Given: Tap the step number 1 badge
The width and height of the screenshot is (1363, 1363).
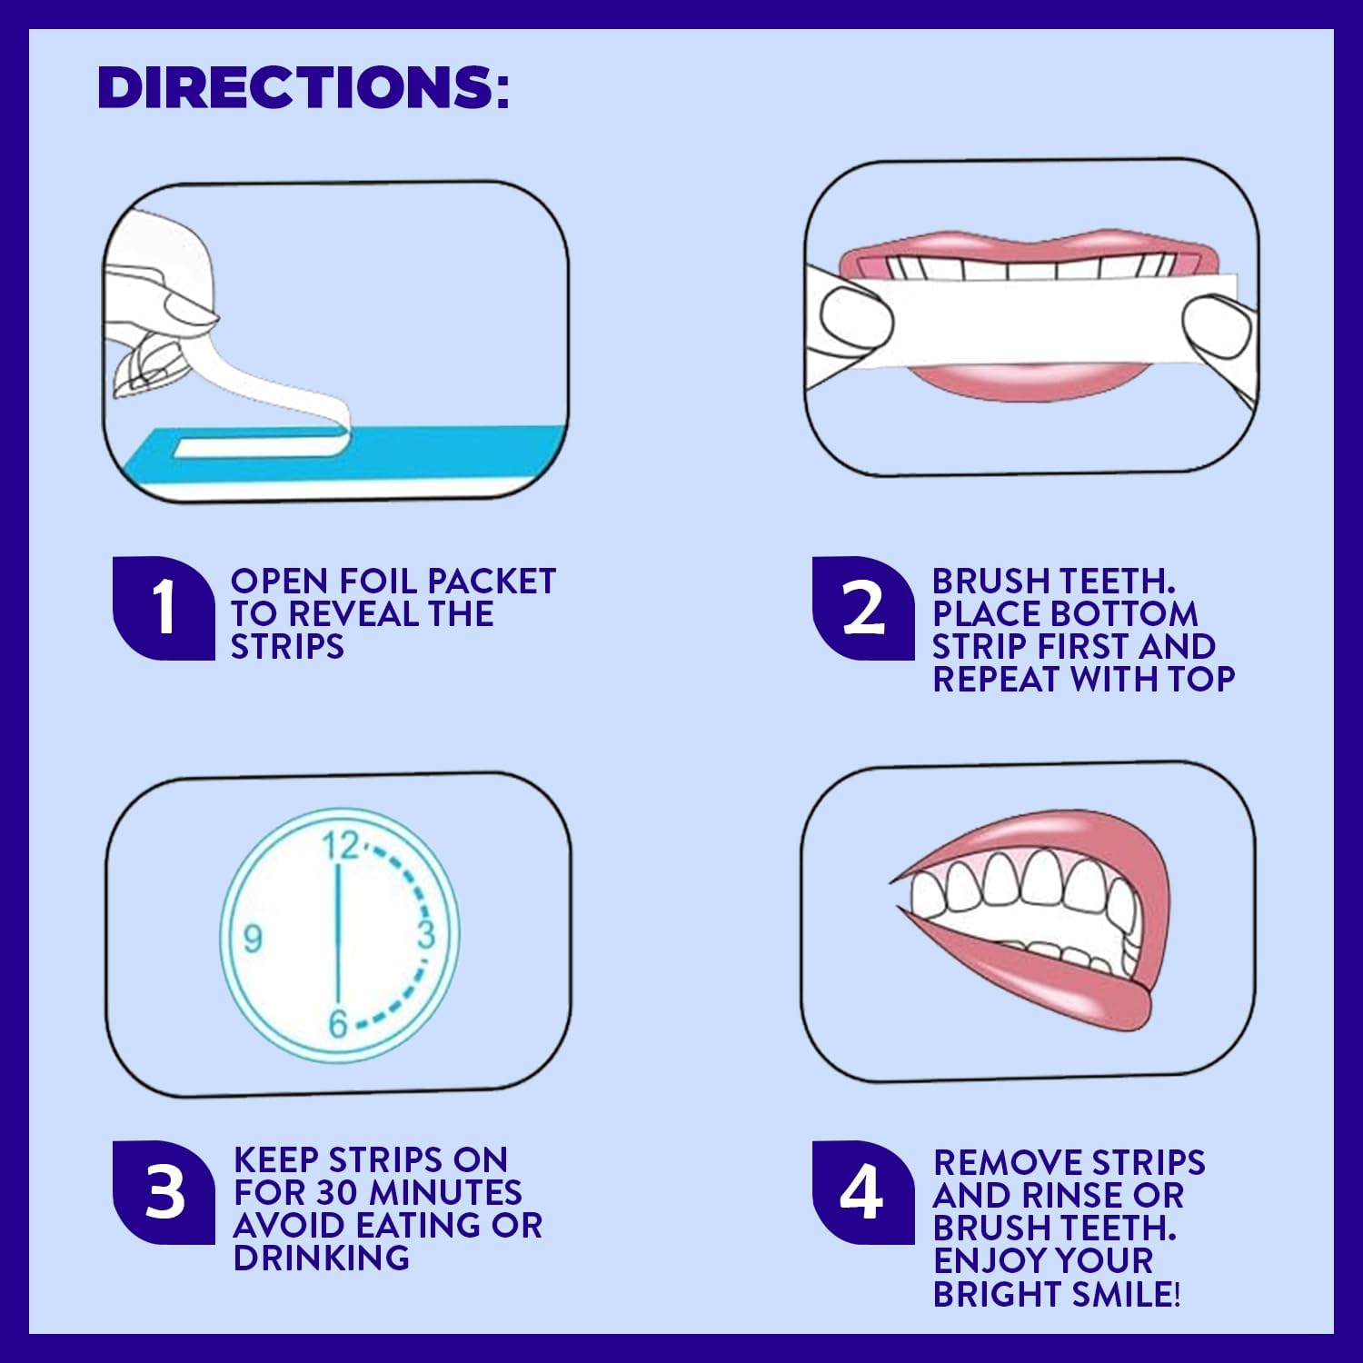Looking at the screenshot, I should [164, 607].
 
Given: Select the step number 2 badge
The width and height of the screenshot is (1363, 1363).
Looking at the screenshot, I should [863, 607].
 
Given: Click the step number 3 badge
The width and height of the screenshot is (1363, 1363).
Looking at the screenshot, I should [164, 1191].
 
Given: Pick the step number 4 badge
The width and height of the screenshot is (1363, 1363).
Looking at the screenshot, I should [862, 1191].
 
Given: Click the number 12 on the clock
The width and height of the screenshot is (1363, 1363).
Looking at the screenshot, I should [342, 846].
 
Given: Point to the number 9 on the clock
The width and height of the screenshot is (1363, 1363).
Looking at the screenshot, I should [253, 937].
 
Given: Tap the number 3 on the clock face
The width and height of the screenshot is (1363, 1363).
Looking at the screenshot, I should [425, 934].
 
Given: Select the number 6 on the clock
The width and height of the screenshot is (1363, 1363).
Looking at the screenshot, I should [338, 1024].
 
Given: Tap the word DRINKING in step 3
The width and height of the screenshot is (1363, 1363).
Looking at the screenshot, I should [321, 1258].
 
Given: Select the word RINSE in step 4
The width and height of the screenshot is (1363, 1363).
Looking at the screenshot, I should [1072, 1195].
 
